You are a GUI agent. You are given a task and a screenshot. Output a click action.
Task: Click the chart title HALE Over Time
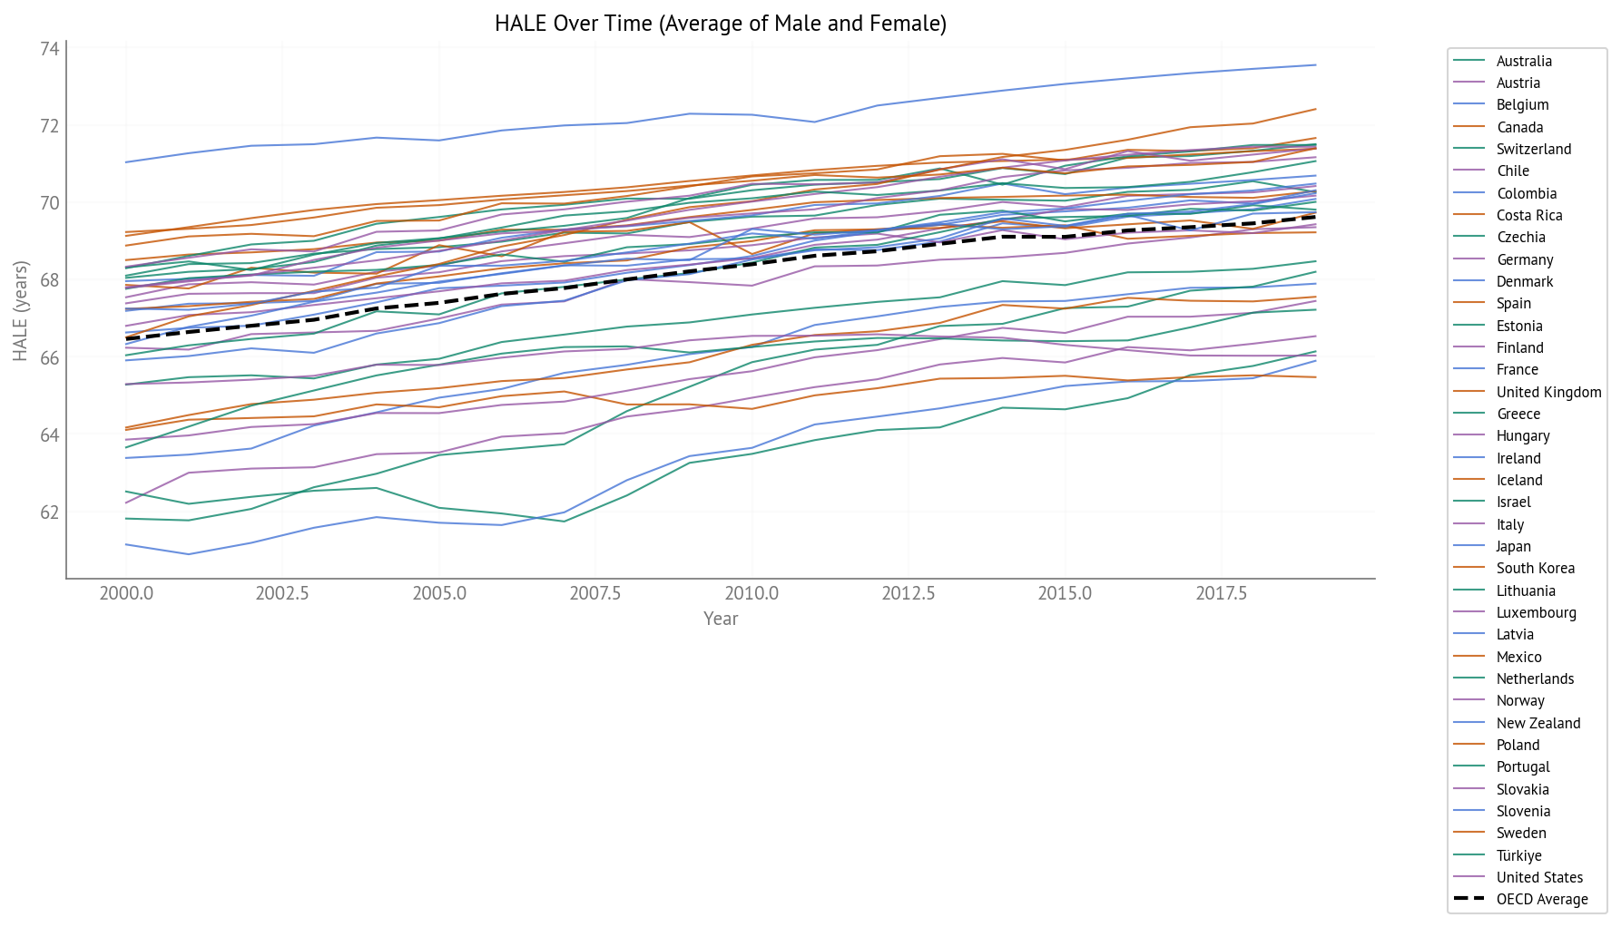point(720,24)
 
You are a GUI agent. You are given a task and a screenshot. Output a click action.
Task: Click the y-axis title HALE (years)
point(20,311)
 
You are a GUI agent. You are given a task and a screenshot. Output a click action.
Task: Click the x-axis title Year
point(721,619)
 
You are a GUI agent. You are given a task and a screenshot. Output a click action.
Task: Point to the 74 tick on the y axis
point(49,49)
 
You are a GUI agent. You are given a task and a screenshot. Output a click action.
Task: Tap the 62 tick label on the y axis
point(49,512)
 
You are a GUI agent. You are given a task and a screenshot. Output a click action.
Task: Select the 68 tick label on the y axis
point(49,280)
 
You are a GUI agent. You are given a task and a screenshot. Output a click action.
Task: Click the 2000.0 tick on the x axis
point(126,594)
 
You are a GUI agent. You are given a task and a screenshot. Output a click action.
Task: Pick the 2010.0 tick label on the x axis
point(752,594)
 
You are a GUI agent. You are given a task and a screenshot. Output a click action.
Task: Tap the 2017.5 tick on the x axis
point(1221,594)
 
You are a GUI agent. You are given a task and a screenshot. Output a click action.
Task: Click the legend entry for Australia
point(1524,61)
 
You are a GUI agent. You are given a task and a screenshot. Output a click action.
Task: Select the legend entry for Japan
point(1513,546)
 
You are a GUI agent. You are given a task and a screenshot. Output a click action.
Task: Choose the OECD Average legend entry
point(1542,899)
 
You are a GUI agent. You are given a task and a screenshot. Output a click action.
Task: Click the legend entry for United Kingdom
point(1548,392)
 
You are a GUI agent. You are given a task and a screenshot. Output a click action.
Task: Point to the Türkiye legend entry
point(1518,855)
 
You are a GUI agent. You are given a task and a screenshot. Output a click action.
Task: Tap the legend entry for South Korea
point(1535,568)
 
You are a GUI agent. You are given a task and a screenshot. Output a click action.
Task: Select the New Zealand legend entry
point(1538,723)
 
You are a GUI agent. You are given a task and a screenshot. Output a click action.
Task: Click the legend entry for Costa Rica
point(1529,215)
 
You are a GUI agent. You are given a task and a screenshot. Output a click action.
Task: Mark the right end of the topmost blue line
point(1316,64)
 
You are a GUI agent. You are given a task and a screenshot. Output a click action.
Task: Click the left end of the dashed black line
point(126,338)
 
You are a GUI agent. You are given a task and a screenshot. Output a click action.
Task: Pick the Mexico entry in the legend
point(1518,657)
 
